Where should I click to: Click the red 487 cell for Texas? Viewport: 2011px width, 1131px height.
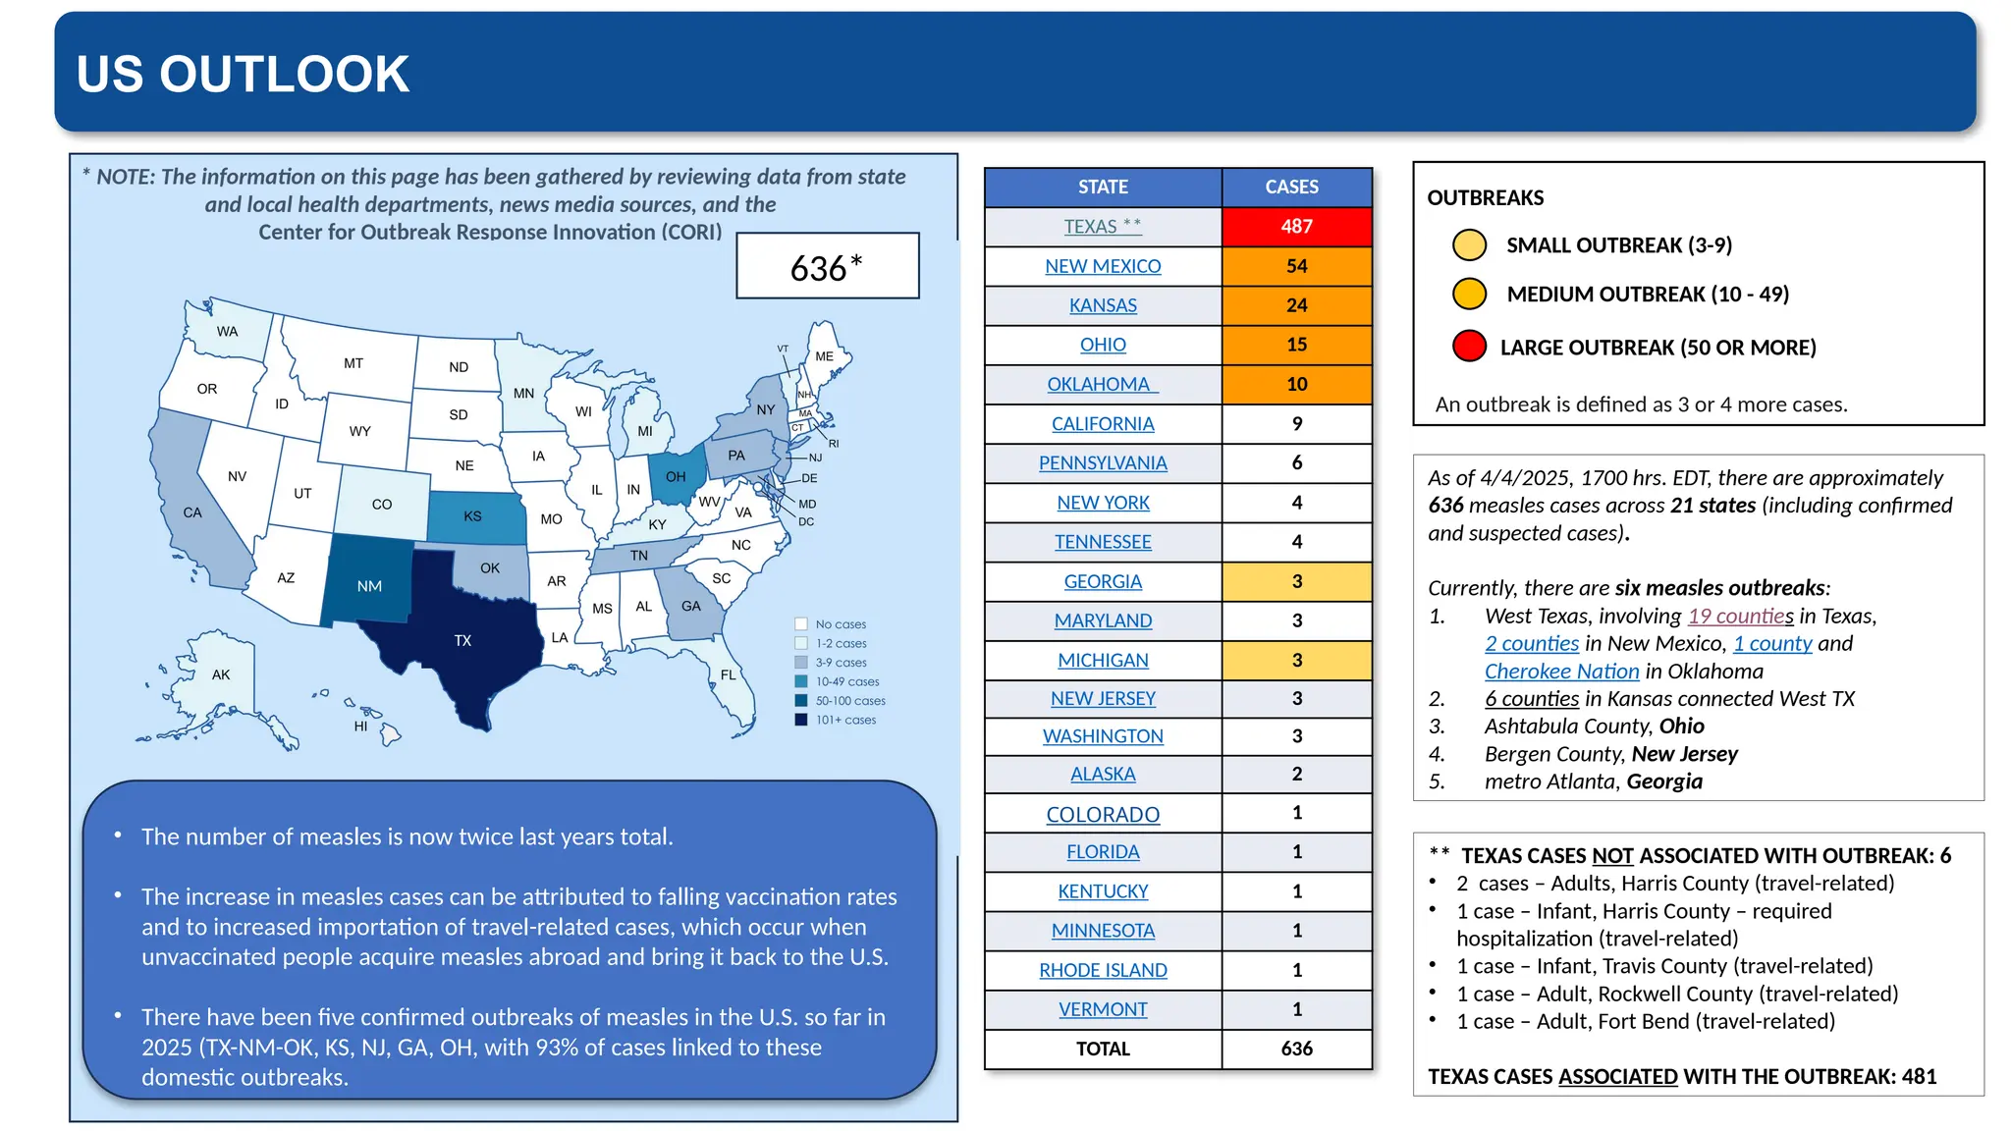pos(1296,227)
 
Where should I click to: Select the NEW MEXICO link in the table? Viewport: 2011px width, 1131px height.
pos(1103,266)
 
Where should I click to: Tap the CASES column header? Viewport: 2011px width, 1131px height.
pos(1291,187)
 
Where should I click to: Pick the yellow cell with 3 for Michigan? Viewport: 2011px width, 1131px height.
pos(1296,661)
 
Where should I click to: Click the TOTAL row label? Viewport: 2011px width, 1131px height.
pos(1103,1049)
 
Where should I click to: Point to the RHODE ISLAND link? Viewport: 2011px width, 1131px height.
pos(1103,970)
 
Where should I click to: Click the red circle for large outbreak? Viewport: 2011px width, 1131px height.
pos(1469,347)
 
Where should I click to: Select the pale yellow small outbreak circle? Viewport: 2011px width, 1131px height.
pos(1469,244)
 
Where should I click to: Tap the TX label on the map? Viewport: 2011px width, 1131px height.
pos(462,641)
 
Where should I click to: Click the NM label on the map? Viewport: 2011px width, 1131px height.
pos(369,586)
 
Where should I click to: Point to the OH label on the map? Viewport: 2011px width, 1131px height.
pos(676,477)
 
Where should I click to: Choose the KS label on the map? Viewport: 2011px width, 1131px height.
pos(472,516)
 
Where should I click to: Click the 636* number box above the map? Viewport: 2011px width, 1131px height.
pos(827,266)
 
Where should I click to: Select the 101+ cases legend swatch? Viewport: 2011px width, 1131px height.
pos(801,720)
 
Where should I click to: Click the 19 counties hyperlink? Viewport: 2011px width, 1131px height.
pos(1740,616)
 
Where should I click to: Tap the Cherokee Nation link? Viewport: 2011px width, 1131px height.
pos(1561,671)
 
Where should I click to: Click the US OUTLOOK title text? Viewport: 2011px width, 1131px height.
pos(243,74)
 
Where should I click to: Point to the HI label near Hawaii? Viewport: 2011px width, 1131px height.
pos(360,727)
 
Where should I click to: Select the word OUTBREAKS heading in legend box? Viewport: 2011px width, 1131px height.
pos(1485,197)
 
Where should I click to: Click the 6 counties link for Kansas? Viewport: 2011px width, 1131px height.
pos(1531,698)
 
